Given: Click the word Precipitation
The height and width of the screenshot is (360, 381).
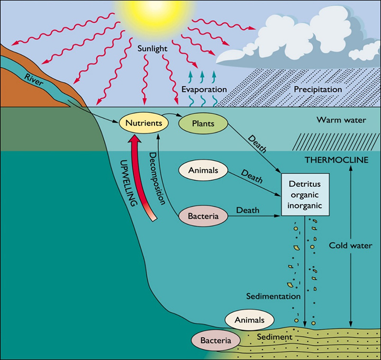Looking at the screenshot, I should (317, 89).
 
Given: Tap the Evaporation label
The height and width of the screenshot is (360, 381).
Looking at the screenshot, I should (204, 89).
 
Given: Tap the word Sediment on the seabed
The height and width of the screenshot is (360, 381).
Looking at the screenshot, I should (274, 337).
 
